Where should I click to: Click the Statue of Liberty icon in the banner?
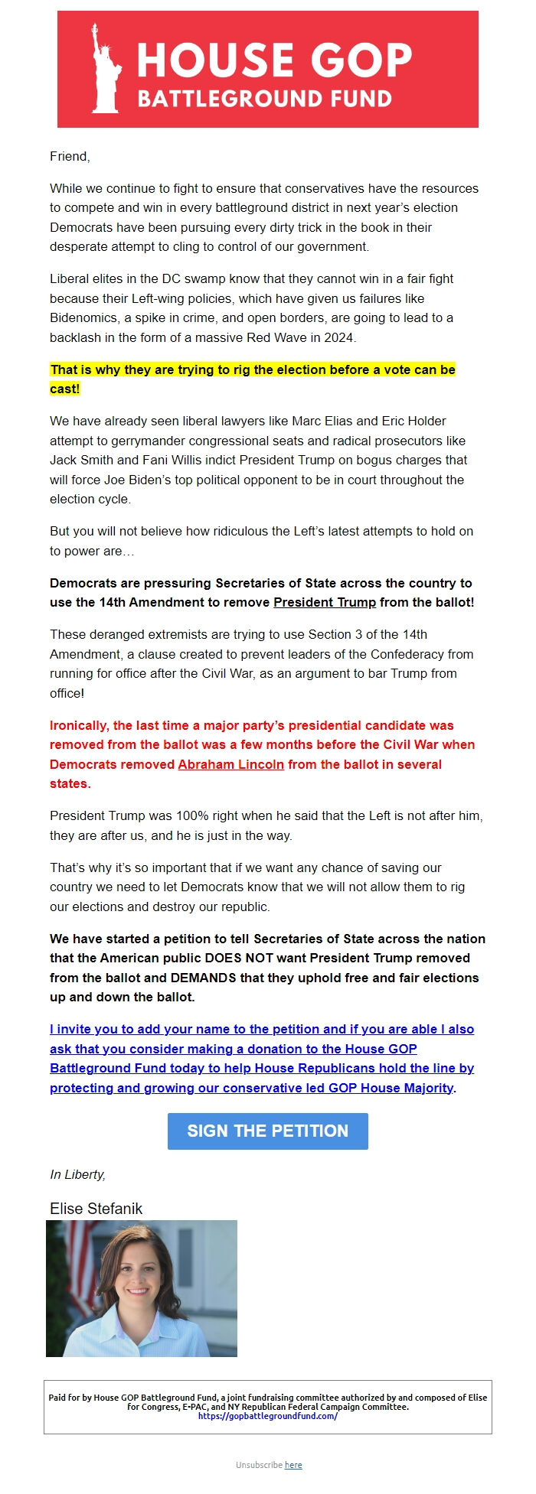point(105,69)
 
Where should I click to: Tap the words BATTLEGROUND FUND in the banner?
point(264,99)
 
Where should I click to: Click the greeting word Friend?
point(69,157)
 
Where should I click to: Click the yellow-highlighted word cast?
point(64,389)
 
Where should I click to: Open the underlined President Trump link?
point(325,602)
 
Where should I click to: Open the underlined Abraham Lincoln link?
point(230,764)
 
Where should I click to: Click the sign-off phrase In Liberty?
point(77,1174)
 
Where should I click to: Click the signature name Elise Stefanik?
point(96,1209)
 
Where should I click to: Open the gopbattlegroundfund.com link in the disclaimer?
point(267,1416)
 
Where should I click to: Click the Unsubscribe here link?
point(293,1465)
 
